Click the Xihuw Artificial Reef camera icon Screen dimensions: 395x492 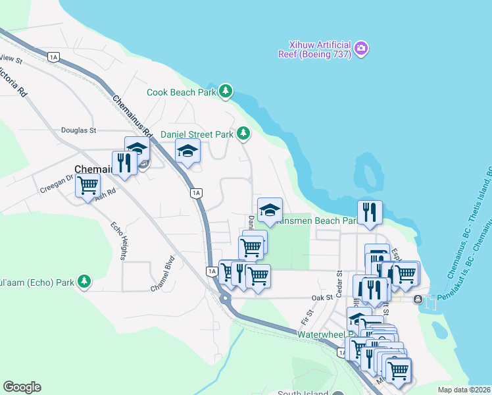click(361, 48)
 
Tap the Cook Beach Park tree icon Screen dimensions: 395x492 click(226, 91)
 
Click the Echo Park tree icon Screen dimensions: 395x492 click(84, 282)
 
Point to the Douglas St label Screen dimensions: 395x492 click(79, 130)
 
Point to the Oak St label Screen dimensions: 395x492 click(322, 298)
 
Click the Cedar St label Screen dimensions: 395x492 click(340, 282)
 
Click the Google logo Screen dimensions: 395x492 click(22, 387)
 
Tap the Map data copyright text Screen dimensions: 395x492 click(464, 390)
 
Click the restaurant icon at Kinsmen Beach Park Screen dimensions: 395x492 click(370, 212)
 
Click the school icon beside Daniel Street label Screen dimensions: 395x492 click(270, 210)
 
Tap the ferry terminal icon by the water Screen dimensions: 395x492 click(418, 300)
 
